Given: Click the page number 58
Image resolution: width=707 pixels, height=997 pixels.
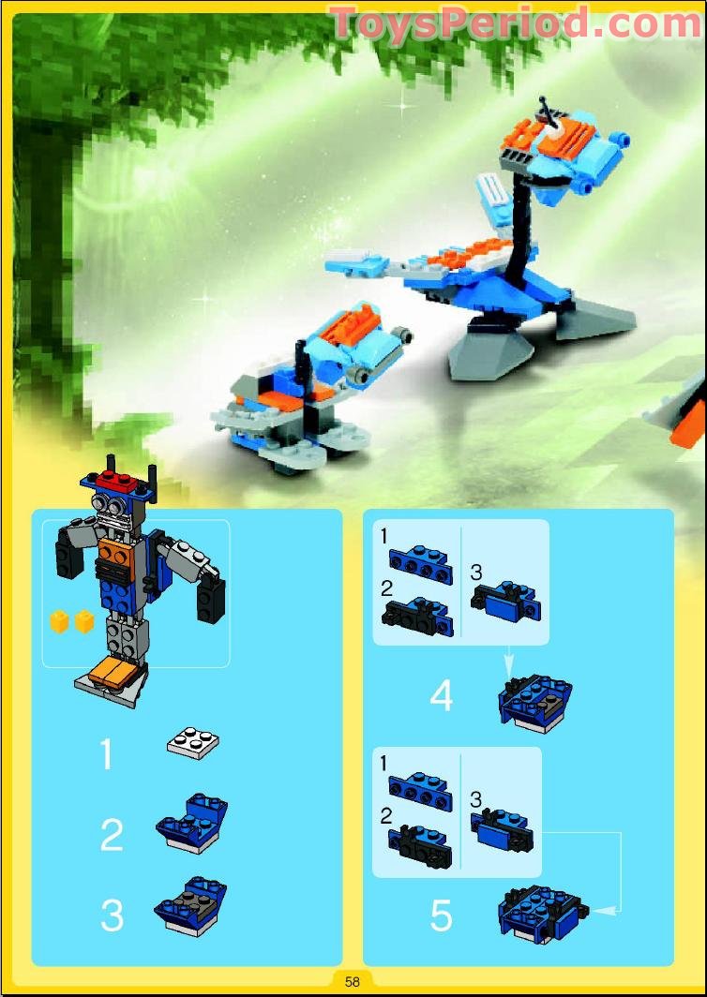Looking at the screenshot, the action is tap(352, 981).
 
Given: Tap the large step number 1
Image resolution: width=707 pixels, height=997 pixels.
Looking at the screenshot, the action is tap(106, 753).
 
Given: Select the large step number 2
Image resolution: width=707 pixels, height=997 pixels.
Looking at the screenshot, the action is tap(112, 836).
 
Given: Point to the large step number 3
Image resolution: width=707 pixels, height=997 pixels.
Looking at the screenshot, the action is tap(112, 915).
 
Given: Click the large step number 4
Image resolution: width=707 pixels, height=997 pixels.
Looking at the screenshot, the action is tap(442, 695).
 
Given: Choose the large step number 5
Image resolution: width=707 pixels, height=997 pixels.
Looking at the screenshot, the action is tap(441, 916).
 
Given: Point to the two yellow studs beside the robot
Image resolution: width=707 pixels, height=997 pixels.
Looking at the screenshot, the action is tap(72, 621).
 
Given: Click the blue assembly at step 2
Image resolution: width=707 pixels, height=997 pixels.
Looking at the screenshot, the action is tap(191, 824).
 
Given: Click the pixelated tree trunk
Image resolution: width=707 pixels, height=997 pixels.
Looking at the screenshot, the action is tap(46, 267).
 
